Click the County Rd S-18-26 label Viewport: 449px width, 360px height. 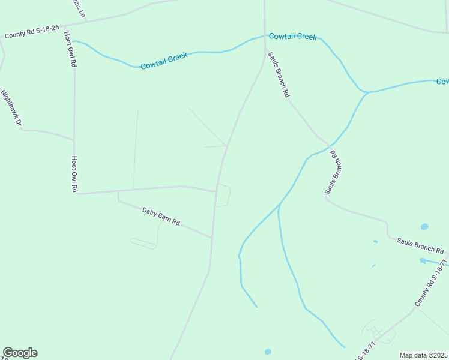tap(32, 31)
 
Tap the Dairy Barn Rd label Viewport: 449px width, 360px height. tap(161, 216)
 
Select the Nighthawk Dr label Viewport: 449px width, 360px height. tap(11, 108)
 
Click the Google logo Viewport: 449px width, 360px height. tap(20, 353)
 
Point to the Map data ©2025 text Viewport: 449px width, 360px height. tap(424, 355)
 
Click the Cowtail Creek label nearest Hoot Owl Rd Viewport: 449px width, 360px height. tap(164, 60)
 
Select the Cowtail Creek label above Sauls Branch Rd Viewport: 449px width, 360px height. tap(292, 37)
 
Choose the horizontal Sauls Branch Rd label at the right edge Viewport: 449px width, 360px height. tap(420, 245)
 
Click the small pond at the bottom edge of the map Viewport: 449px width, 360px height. tap(268, 352)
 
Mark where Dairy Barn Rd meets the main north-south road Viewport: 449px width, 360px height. tap(212, 238)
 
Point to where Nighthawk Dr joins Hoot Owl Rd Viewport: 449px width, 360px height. tap(74, 140)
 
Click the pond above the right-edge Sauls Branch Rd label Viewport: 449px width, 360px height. tap(424, 227)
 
